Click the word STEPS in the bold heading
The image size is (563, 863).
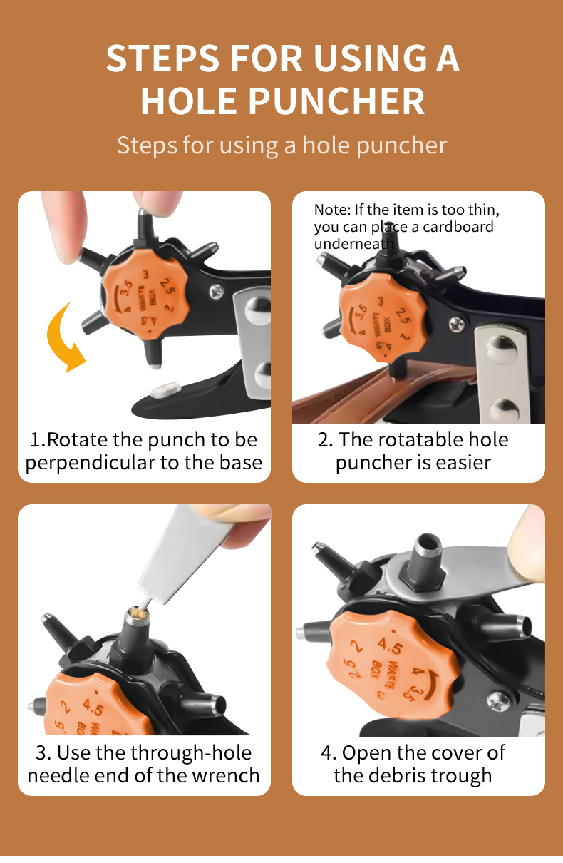click(162, 58)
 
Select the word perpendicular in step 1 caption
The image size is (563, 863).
click(90, 464)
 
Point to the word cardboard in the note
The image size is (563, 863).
click(458, 227)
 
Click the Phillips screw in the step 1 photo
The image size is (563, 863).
click(217, 291)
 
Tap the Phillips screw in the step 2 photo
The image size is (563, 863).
click(458, 323)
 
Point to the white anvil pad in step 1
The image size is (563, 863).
click(165, 390)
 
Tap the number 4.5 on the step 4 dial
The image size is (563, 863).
click(390, 645)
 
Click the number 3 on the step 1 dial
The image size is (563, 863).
click(145, 275)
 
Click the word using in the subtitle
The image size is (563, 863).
click(249, 146)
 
